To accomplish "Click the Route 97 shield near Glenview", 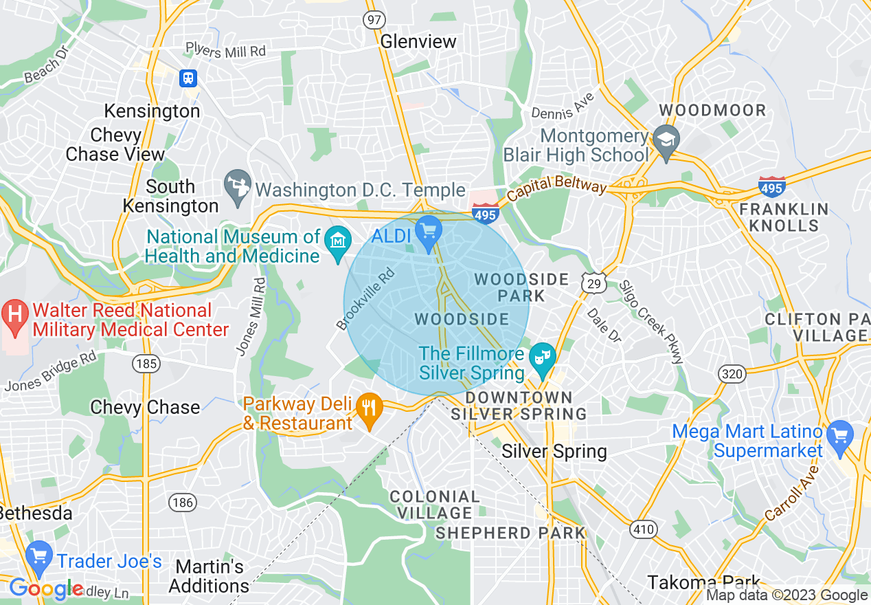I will (374, 20).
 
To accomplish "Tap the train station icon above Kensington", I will (188, 78).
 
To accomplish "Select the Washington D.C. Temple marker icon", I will (238, 188).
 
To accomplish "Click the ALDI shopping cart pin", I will (429, 230).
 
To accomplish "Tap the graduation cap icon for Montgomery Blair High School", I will (666, 140).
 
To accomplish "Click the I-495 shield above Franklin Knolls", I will (772, 186).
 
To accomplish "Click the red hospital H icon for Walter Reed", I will (14, 315).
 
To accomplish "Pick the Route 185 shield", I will (147, 363).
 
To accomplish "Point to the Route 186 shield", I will (183, 503).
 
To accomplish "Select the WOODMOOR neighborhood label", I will (712, 111).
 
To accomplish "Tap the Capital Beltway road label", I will (557, 192).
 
